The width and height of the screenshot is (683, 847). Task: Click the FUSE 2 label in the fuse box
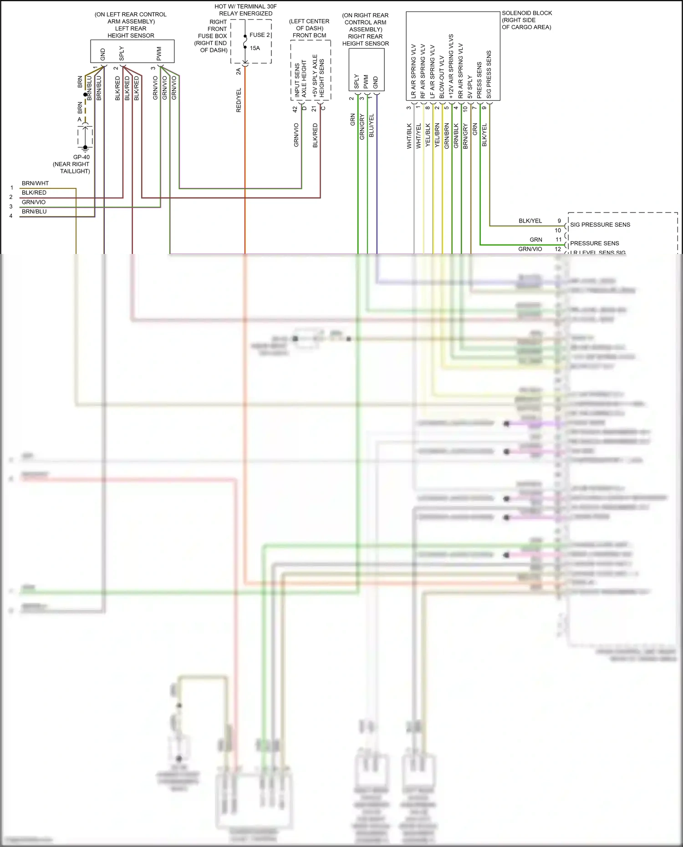coord(260,35)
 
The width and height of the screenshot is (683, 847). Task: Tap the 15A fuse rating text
coord(255,48)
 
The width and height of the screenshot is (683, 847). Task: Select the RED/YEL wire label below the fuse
coord(239,100)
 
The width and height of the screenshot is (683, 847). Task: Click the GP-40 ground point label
coord(82,157)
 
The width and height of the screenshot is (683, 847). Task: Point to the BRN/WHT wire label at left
coord(35,183)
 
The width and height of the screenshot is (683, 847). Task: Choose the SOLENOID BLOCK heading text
coord(527,13)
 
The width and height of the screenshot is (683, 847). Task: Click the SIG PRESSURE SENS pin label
coord(600,225)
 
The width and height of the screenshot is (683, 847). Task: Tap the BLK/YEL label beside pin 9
coord(530,221)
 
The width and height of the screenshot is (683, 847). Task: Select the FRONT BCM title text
coord(309,35)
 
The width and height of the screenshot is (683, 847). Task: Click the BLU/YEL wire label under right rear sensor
coord(371,126)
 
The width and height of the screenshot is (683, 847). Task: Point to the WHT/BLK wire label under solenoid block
coord(409,136)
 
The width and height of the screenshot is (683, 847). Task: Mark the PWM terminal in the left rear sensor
coord(159,53)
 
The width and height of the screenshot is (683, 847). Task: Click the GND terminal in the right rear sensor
coord(376,82)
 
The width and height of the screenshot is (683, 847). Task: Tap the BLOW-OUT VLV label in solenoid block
coord(442,77)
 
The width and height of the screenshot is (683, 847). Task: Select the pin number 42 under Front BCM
coord(295,109)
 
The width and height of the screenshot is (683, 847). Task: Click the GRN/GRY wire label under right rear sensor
coord(362,127)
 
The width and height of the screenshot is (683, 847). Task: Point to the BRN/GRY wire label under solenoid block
coord(465,136)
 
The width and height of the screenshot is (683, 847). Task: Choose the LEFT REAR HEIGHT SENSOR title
coord(131,32)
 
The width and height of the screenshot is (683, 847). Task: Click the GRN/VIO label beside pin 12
coord(530,249)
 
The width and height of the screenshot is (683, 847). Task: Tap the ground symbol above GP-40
coord(85,147)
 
